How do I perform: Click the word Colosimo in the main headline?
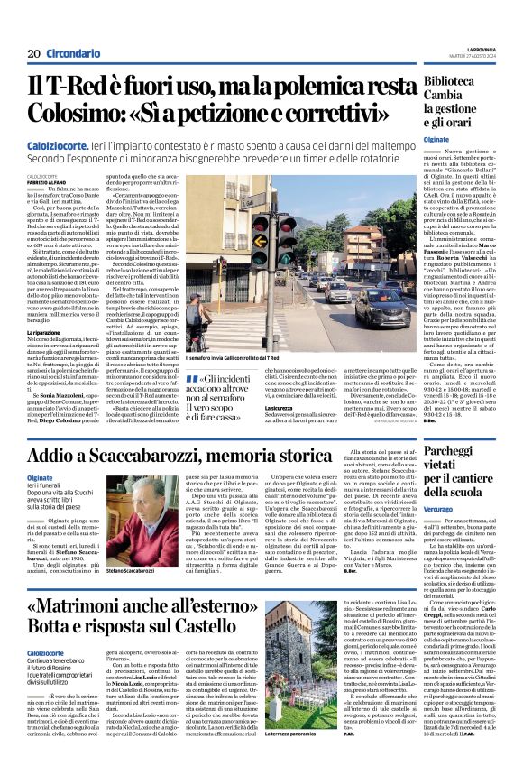tap(72, 114)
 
